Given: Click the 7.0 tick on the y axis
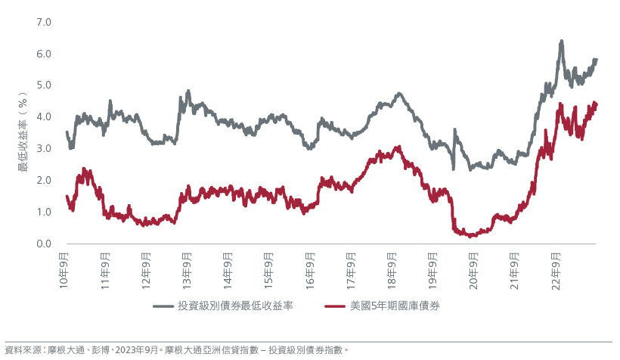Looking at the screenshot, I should [x=43, y=22].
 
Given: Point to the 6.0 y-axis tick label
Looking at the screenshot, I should [x=43, y=54].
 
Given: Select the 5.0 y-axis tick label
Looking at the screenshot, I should [x=43, y=85].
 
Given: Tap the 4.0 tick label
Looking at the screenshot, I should [x=43, y=117].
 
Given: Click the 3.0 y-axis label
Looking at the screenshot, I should [x=43, y=149].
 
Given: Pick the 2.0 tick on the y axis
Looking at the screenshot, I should [x=43, y=181].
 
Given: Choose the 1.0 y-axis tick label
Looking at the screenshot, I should [x=43, y=213].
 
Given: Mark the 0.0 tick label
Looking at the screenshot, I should [x=43, y=244].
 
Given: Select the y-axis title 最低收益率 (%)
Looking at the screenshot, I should [x=23, y=132].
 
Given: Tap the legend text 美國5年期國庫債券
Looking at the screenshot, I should [x=395, y=306].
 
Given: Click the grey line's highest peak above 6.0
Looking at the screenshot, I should [x=561, y=42].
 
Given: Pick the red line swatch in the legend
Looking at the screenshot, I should [x=336, y=306].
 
